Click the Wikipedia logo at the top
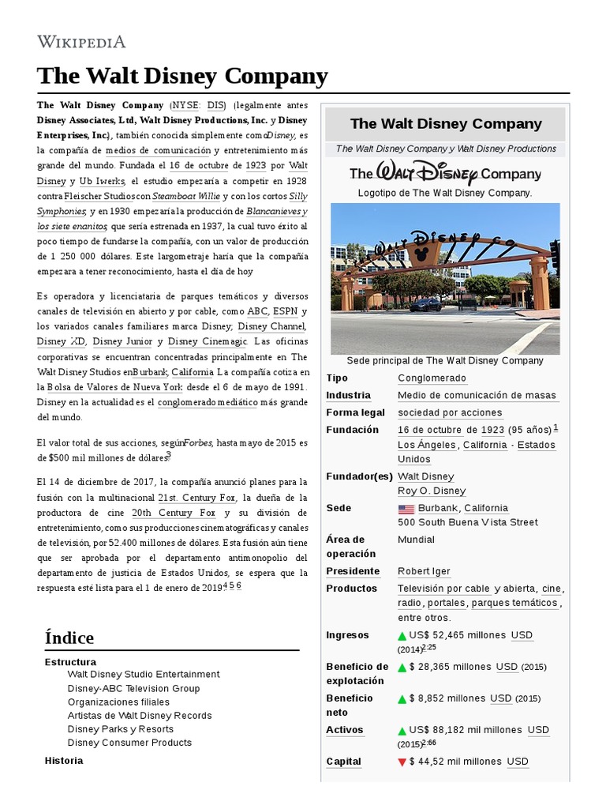[x=81, y=41]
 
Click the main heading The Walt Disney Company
[x=182, y=76]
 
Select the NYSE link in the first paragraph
[x=185, y=105]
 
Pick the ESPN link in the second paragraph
[x=285, y=311]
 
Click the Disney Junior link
[x=122, y=341]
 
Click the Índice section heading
[x=69, y=637]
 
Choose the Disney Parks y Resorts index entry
[x=120, y=728]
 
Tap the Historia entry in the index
[x=64, y=760]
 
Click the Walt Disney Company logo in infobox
[x=445, y=174]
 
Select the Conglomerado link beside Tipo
[x=432, y=378]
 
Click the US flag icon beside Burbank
[x=406, y=509]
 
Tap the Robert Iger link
[x=425, y=571]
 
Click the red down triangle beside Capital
[x=402, y=762]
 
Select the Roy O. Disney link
[x=432, y=491]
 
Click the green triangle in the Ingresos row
[x=402, y=636]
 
